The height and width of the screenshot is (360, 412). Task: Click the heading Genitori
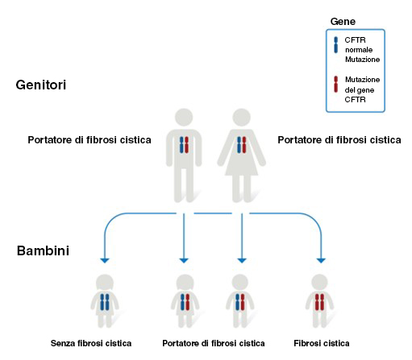[x=41, y=85]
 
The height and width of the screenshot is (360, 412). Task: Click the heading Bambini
[x=43, y=250]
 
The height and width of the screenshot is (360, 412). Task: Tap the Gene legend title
[x=343, y=22]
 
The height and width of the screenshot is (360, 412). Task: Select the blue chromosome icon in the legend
[x=335, y=45]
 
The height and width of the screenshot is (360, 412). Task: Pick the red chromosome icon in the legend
[x=335, y=85]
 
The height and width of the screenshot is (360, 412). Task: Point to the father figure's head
[x=184, y=118]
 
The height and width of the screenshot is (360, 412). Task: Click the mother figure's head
[x=241, y=118]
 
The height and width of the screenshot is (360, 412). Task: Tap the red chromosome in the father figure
[x=186, y=145]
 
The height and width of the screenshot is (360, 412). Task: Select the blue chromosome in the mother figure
[x=239, y=145]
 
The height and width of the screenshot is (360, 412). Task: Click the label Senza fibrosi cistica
[x=91, y=343]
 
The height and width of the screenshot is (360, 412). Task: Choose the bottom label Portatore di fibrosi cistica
[x=214, y=343]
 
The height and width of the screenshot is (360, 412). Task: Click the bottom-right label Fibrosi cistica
[x=322, y=343]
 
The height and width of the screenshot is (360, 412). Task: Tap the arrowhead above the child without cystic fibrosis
[x=105, y=260]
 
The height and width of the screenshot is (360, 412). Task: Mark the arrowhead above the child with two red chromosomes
[x=321, y=260]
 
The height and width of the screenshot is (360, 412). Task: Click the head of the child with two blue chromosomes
[x=105, y=283]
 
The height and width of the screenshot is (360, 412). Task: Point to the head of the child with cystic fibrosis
[x=319, y=283]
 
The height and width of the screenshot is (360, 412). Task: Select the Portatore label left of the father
[x=89, y=140]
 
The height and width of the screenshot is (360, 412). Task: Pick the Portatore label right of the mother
[x=339, y=140]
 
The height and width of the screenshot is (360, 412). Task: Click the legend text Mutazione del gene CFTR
[x=362, y=89]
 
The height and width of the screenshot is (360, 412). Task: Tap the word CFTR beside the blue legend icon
[x=355, y=40]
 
